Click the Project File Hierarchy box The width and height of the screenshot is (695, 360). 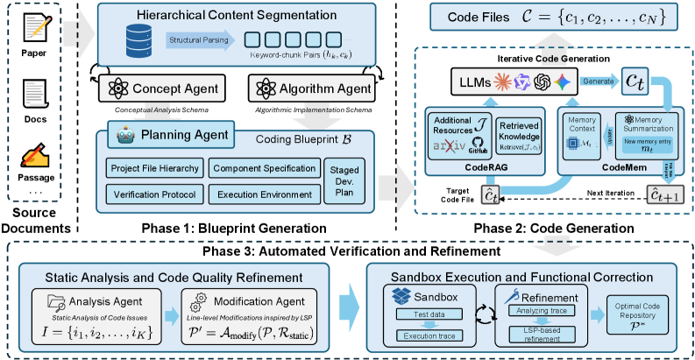155,168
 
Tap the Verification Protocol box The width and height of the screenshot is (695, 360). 155,193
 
